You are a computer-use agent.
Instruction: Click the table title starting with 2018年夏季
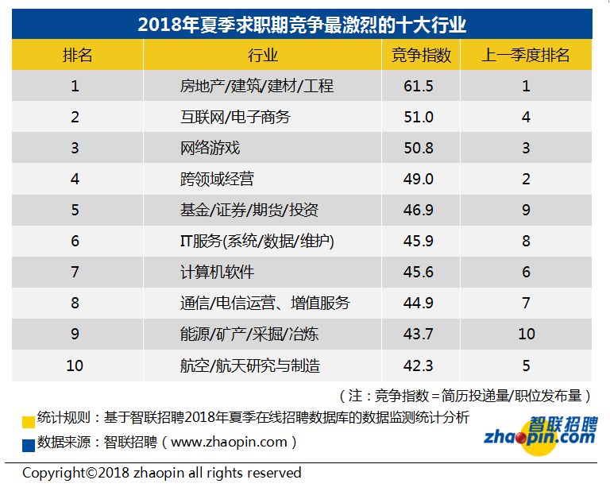click(302, 24)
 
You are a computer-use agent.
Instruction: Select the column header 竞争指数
click(421, 56)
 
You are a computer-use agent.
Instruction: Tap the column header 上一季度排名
click(526, 56)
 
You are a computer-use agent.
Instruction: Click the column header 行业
click(263, 56)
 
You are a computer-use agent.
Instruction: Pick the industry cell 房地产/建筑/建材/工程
click(257, 86)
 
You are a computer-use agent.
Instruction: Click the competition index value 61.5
click(419, 86)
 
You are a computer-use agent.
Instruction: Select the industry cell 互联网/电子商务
click(236, 117)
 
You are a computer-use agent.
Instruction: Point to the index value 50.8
click(419, 148)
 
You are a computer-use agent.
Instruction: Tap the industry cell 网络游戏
click(210, 148)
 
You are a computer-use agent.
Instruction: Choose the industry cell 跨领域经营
click(218, 179)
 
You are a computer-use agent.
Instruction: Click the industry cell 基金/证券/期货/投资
click(249, 210)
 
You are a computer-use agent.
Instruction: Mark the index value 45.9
click(419, 241)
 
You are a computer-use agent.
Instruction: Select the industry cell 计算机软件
click(218, 272)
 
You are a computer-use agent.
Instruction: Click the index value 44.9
click(419, 303)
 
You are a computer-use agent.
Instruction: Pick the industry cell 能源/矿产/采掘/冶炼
click(249, 334)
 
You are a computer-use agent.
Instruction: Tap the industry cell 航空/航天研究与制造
click(251, 366)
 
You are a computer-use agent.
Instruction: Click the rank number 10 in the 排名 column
click(75, 366)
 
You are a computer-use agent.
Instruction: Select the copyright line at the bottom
click(162, 473)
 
